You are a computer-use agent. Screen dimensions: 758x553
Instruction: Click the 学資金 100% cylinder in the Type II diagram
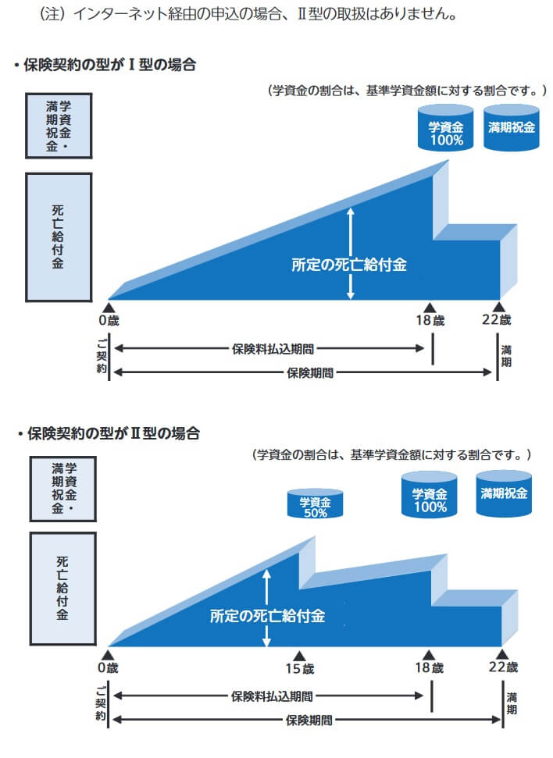coord(430,497)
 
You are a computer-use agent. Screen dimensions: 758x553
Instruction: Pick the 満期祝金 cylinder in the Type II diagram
coord(504,493)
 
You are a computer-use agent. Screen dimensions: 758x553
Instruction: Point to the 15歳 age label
coord(299,668)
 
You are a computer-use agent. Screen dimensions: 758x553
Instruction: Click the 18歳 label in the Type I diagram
coord(430,320)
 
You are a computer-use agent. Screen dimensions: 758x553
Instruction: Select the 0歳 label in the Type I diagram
coord(109,320)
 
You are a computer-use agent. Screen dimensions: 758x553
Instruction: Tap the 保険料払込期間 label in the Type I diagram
coord(273,349)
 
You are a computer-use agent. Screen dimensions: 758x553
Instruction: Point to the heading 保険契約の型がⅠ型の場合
coord(109,66)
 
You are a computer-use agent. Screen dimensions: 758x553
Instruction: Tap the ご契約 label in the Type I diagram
coord(101,356)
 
